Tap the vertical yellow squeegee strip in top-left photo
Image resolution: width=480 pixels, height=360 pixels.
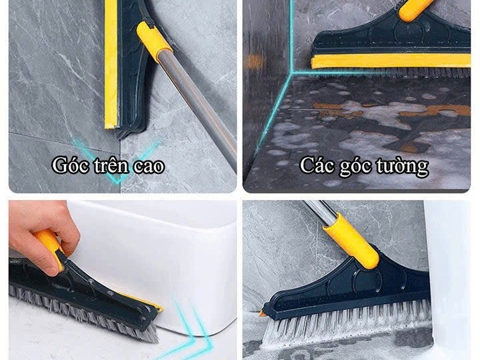tap(111, 64)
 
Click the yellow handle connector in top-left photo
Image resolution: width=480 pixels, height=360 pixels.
tap(153, 41)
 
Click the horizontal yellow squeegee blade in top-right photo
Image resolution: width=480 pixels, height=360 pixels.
tap(391, 61)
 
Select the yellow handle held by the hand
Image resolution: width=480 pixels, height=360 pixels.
tap(49, 247)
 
